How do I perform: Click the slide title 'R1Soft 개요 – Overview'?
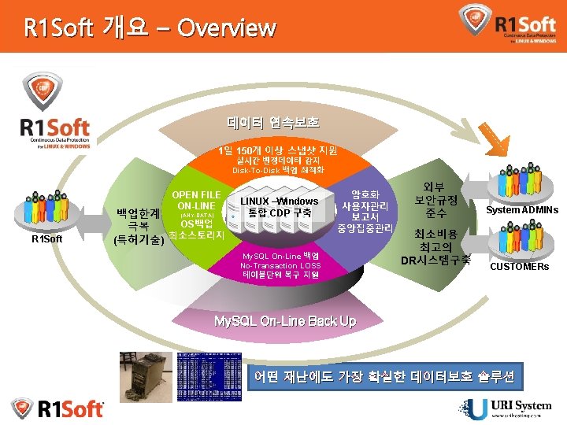click(150, 28)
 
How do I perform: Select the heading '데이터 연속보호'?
click(273, 123)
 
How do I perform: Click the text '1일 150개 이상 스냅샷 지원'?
click(277, 150)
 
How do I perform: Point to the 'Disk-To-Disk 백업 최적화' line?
click(277, 171)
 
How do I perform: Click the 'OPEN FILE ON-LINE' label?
click(196, 200)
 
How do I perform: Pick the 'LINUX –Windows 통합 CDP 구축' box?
click(280, 207)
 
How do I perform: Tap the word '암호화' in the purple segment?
click(365, 194)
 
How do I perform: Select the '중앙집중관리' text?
click(365, 229)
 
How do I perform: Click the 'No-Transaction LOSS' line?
click(280, 266)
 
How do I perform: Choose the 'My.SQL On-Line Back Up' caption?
click(285, 321)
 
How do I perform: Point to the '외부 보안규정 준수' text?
click(435, 200)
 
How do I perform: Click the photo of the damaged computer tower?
click(146, 378)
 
